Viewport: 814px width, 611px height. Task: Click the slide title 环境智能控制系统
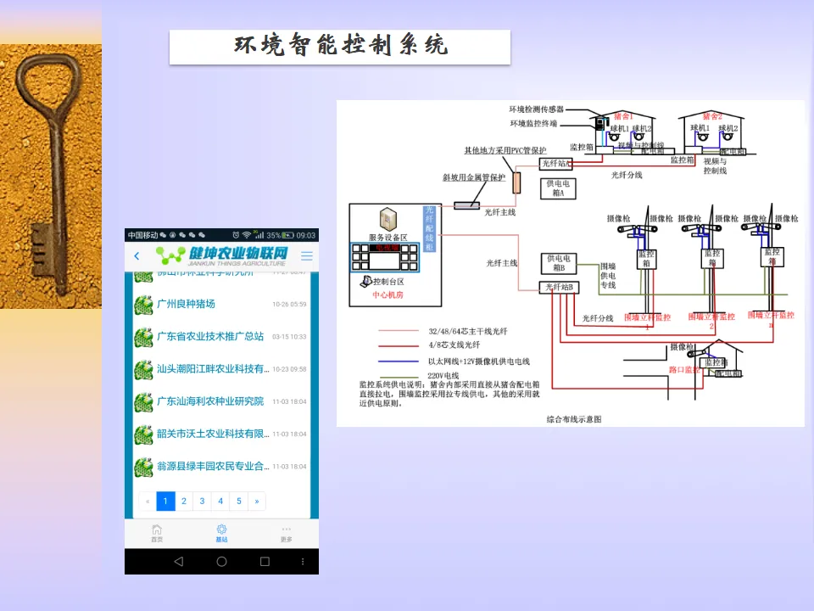coord(340,46)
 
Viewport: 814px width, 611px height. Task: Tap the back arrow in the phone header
coord(137,256)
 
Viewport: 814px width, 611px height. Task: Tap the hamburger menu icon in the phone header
coord(307,255)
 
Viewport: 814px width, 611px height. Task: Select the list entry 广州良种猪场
coord(186,304)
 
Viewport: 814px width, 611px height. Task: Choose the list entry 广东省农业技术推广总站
coord(210,337)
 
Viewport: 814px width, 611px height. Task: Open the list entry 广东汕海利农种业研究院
coord(210,401)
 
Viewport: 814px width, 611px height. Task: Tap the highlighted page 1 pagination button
coord(165,502)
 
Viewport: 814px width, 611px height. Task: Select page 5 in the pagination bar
coord(239,502)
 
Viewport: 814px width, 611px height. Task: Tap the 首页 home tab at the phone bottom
coord(157,533)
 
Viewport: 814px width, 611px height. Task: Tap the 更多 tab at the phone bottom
coord(286,533)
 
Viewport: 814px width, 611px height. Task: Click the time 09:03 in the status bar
coord(305,235)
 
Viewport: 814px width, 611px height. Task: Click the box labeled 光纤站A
coord(557,163)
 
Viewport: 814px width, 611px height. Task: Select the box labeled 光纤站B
coord(560,288)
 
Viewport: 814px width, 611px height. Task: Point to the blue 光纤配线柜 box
coord(429,228)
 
